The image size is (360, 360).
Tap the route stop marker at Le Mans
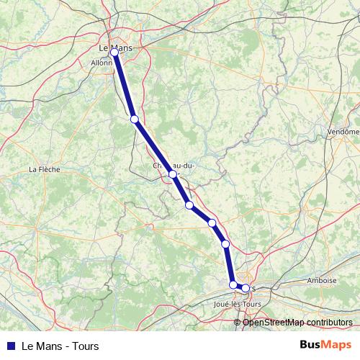coord(114,53)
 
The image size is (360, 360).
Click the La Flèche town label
coord(44,170)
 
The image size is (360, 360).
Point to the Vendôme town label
coord(342,132)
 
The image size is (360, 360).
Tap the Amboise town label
coord(321,281)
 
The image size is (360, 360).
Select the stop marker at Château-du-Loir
coord(173,174)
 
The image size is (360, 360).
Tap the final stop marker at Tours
coord(246,288)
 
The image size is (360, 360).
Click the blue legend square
coord(10,346)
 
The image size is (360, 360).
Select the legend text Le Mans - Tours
coord(60,346)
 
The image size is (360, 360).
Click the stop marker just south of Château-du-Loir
coord(189,205)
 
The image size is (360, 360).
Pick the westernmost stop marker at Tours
coord(233,285)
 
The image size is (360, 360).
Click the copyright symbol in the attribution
coord(238,322)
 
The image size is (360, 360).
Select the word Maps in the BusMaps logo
coord(337,345)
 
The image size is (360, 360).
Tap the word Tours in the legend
coord(85,346)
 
